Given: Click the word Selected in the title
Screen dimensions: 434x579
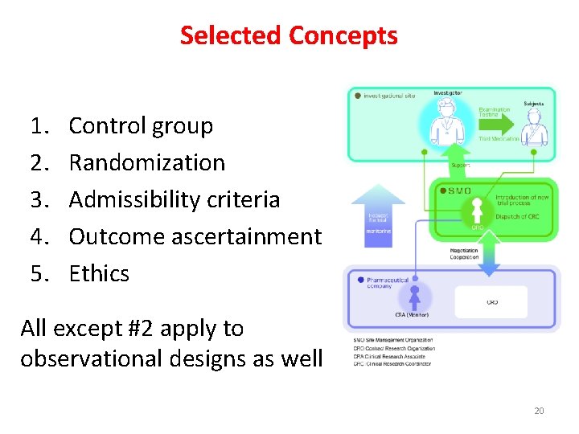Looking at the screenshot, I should click(230, 36).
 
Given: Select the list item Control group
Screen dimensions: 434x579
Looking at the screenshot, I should click(141, 126).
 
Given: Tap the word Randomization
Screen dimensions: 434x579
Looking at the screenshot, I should click(147, 163).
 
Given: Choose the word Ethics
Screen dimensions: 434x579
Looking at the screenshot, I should click(99, 274).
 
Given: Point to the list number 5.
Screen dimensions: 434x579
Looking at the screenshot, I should click(39, 274).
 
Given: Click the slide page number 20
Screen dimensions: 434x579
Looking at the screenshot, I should click(539, 411).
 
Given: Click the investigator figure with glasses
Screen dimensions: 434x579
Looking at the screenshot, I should click(445, 129).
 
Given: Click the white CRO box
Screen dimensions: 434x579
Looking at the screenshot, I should click(491, 302).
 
